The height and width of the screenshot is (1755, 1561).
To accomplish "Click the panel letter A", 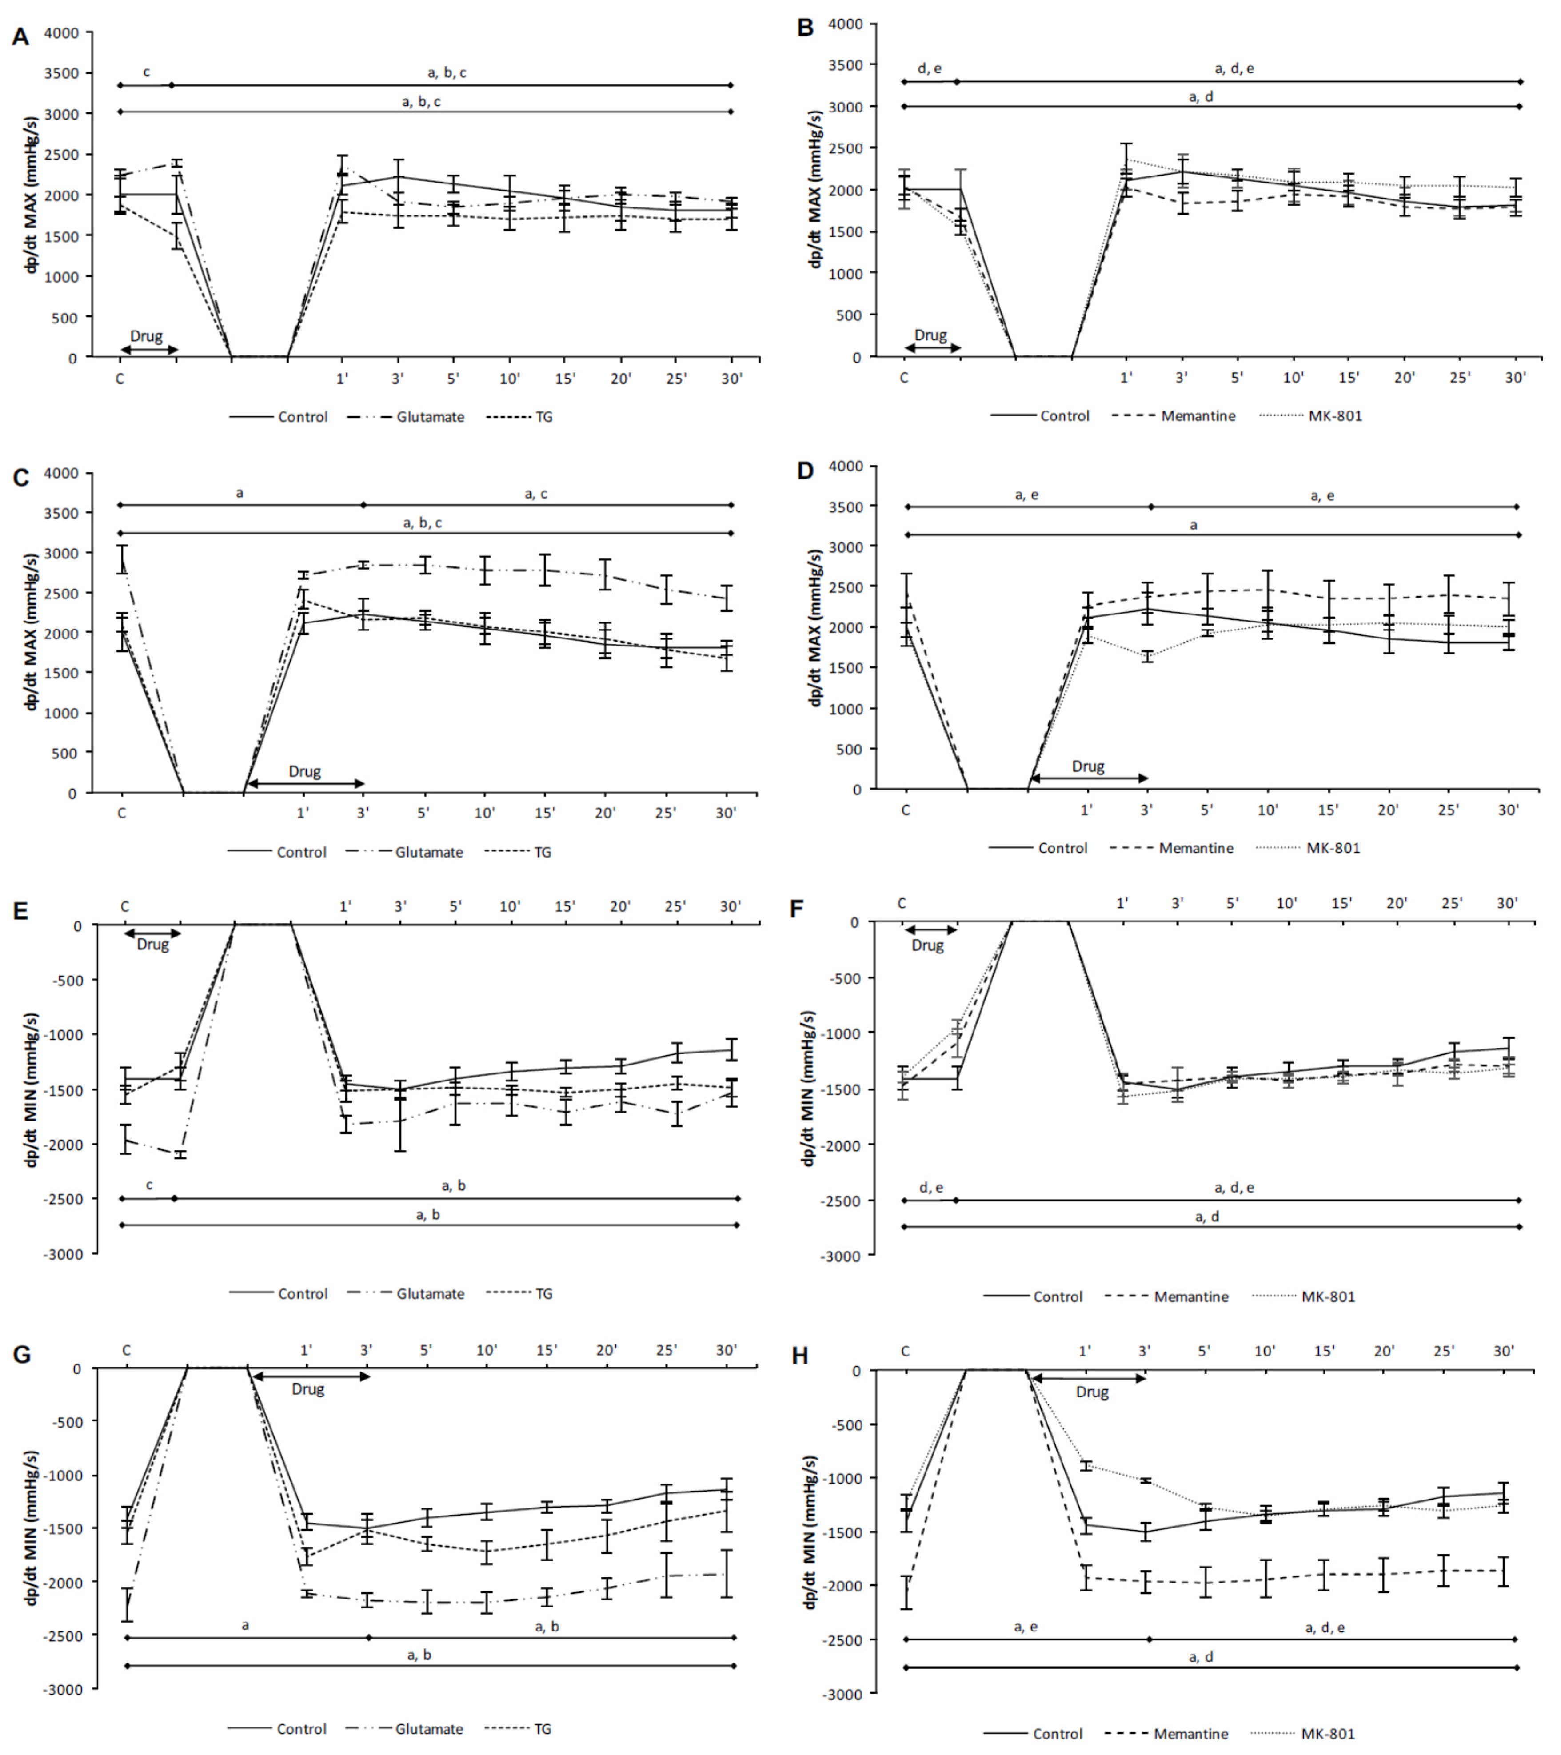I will (20, 37).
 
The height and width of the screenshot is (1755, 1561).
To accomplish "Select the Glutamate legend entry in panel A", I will (429, 417).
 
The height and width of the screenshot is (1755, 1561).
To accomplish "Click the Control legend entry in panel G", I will (301, 1728).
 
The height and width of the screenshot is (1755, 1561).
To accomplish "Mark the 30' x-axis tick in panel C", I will (726, 813).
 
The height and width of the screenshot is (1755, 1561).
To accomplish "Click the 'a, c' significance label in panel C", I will (536, 494).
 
